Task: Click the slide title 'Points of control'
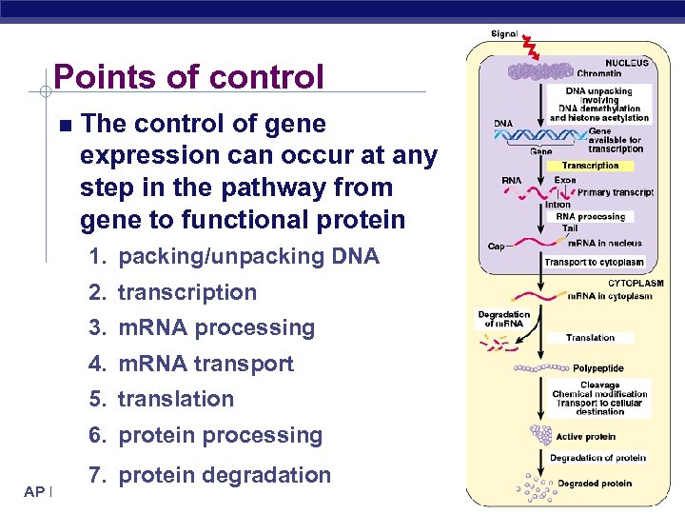pyautogui.click(x=188, y=76)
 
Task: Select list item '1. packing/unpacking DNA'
pyautogui.click(x=234, y=256)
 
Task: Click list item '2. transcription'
pyautogui.click(x=173, y=292)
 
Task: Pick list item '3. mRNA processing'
pyautogui.click(x=202, y=327)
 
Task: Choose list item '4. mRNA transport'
pyautogui.click(x=191, y=364)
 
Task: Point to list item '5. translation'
pyautogui.click(x=162, y=399)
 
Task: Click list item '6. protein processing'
pyautogui.click(x=205, y=435)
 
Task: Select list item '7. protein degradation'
pyautogui.click(x=209, y=475)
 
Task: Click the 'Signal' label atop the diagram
pyautogui.click(x=504, y=34)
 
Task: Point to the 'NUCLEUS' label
pyautogui.click(x=625, y=63)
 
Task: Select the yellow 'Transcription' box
pyautogui.click(x=590, y=166)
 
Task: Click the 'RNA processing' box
pyautogui.click(x=590, y=216)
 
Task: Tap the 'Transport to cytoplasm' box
pyautogui.click(x=594, y=262)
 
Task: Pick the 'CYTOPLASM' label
pyautogui.click(x=635, y=283)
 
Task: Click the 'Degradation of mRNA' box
pyautogui.click(x=503, y=319)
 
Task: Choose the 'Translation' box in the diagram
pyautogui.click(x=590, y=337)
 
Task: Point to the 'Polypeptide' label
pyautogui.click(x=597, y=367)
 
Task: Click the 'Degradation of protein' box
pyautogui.click(x=597, y=458)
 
